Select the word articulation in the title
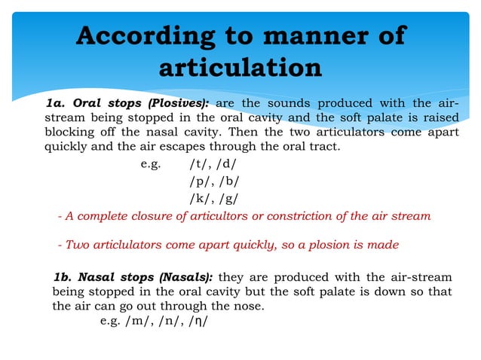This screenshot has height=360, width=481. click(x=240, y=68)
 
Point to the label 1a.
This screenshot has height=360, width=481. click(x=59, y=103)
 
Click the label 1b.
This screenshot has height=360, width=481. click(x=63, y=277)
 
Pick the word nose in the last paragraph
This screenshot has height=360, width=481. click(x=250, y=307)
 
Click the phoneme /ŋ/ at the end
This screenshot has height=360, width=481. click(x=198, y=321)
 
